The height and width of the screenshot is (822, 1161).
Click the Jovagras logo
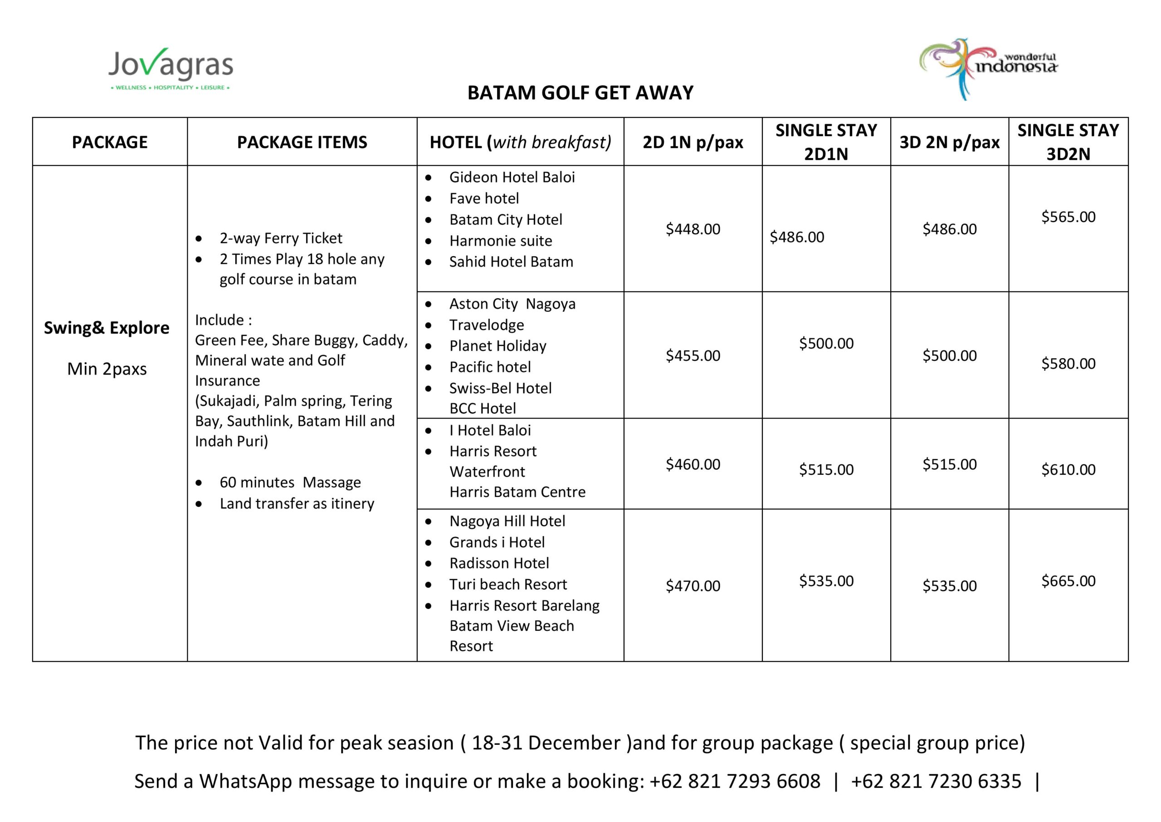[171, 69]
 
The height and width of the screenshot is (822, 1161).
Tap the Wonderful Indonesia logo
[989, 69]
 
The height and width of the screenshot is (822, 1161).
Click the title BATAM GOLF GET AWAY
[580, 93]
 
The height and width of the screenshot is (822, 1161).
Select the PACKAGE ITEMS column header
[302, 142]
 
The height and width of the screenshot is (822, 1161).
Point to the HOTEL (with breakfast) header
[520, 142]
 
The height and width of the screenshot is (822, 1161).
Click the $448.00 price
[693, 229]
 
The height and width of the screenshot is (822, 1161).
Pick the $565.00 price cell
[1068, 217]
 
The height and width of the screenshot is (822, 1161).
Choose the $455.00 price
[693, 356]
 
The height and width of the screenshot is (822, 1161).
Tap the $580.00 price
[1068, 364]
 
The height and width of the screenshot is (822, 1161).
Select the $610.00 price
[1068, 470]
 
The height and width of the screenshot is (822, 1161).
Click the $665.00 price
[1068, 581]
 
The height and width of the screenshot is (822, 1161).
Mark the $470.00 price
[693, 586]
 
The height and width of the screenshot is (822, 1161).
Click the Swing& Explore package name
[107, 328]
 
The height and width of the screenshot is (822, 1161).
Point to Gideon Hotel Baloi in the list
[512, 177]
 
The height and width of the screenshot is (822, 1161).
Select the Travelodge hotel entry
[487, 325]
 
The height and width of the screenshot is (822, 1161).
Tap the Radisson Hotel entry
[499, 563]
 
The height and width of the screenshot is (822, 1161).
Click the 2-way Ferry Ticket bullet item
[281, 238]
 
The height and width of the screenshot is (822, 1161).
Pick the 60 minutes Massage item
[290, 482]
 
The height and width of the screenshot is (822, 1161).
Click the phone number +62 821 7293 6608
[735, 782]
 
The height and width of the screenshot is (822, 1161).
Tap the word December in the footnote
[574, 743]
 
